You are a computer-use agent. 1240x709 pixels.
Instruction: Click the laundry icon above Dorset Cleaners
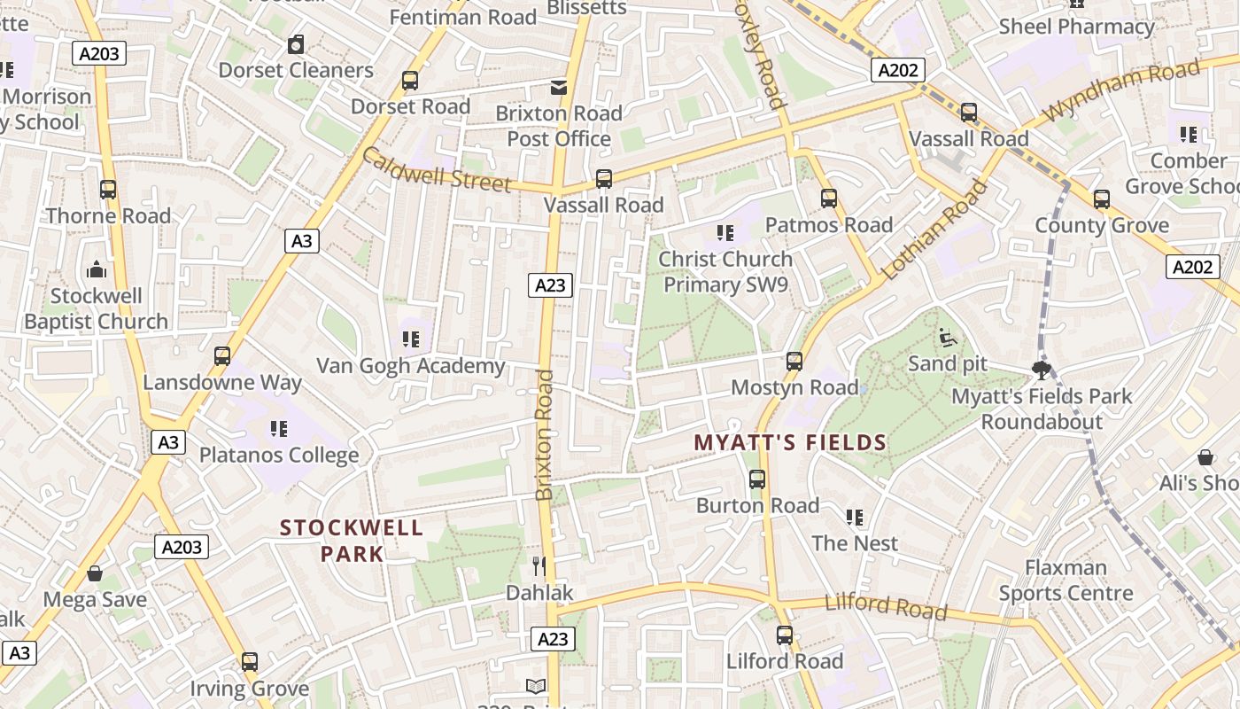click(296, 43)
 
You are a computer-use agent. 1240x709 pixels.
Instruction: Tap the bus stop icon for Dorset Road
click(410, 81)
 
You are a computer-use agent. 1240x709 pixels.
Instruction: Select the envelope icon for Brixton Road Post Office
click(559, 87)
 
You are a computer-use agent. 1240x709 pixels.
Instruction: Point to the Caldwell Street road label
click(436, 170)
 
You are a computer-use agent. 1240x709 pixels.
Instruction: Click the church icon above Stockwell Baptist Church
click(96, 269)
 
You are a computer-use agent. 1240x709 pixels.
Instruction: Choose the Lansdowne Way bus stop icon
click(222, 356)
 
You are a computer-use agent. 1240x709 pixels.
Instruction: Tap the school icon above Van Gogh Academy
click(410, 339)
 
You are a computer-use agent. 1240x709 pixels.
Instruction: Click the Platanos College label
click(279, 455)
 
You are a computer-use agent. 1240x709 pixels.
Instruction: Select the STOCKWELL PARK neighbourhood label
click(352, 541)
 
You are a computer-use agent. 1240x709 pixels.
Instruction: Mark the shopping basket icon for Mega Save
click(95, 573)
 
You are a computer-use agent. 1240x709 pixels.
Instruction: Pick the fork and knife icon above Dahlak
click(539, 565)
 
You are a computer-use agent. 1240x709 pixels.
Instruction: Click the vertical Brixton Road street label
click(545, 434)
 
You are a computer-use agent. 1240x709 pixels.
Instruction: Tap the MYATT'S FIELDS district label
click(790, 442)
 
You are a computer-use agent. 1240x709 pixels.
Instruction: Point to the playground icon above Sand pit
click(947, 337)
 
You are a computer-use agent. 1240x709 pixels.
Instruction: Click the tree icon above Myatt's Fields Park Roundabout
click(1042, 369)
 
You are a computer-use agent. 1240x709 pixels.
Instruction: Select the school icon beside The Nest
click(855, 517)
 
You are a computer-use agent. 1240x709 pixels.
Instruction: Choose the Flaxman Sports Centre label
click(1066, 580)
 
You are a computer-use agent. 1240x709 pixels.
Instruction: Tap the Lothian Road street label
click(934, 230)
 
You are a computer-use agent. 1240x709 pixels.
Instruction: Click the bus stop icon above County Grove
click(1102, 199)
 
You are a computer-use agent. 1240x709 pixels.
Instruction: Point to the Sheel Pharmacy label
click(1076, 27)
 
